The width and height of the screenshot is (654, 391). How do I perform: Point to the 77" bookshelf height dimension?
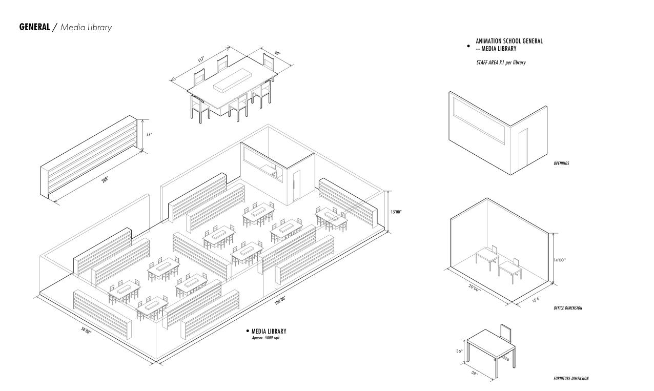[149, 135]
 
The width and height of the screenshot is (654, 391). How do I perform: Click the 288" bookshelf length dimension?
[105, 179]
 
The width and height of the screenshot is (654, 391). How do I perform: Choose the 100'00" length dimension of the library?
[280, 301]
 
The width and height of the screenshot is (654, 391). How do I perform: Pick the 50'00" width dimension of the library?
[86, 331]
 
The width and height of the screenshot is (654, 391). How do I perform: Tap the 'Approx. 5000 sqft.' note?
[266, 338]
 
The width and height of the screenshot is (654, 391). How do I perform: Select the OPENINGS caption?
[561, 164]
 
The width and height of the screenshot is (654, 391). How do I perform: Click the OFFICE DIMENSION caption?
[567, 308]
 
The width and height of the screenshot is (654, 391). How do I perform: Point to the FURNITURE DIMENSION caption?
[570, 379]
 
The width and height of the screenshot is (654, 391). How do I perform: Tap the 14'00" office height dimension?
[560, 260]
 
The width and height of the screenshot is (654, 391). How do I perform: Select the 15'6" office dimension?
[536, 298]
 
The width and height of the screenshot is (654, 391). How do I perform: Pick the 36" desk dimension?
[459, 352]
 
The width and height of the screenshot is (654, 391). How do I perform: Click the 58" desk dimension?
[475, 373]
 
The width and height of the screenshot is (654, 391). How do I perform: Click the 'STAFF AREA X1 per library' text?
[501, 63]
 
